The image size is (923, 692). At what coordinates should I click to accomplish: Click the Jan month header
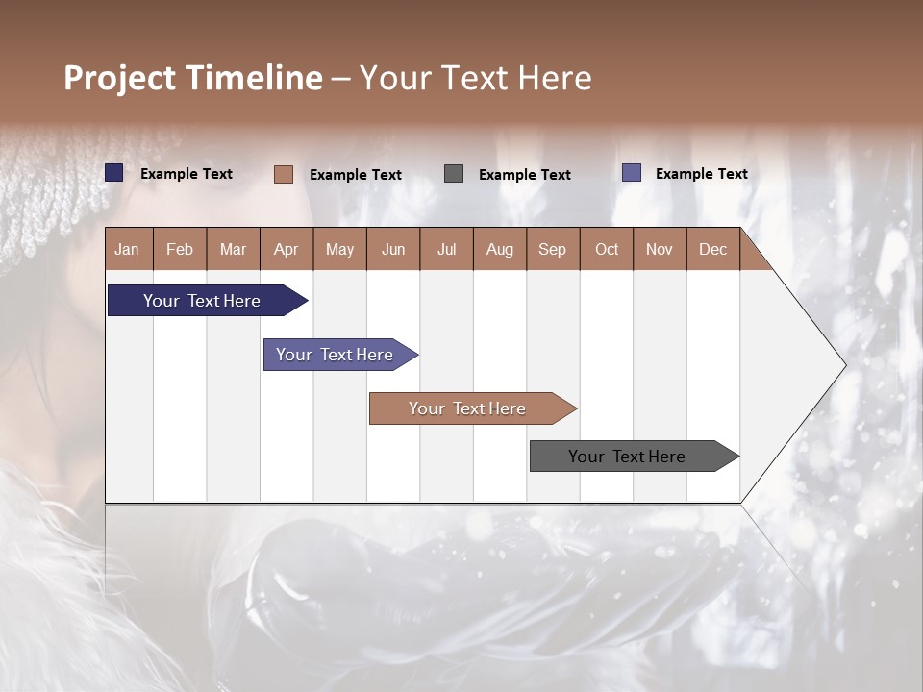127,249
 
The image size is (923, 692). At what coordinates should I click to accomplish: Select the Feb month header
180,249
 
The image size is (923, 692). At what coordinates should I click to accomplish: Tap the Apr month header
286,249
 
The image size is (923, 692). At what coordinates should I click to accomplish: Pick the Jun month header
393,249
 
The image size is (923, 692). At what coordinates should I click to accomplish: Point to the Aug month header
499,249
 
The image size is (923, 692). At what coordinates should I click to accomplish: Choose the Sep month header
552,249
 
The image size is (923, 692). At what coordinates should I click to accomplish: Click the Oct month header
607,249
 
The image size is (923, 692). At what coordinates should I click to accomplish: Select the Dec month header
712,249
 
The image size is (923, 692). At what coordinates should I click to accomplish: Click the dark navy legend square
114,173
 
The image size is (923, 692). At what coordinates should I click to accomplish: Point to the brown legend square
284,174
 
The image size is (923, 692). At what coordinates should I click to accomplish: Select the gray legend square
454,173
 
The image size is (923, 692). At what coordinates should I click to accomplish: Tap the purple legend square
632,173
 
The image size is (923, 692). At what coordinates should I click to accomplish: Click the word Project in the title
120,78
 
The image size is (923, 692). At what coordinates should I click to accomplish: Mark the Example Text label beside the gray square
524,174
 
